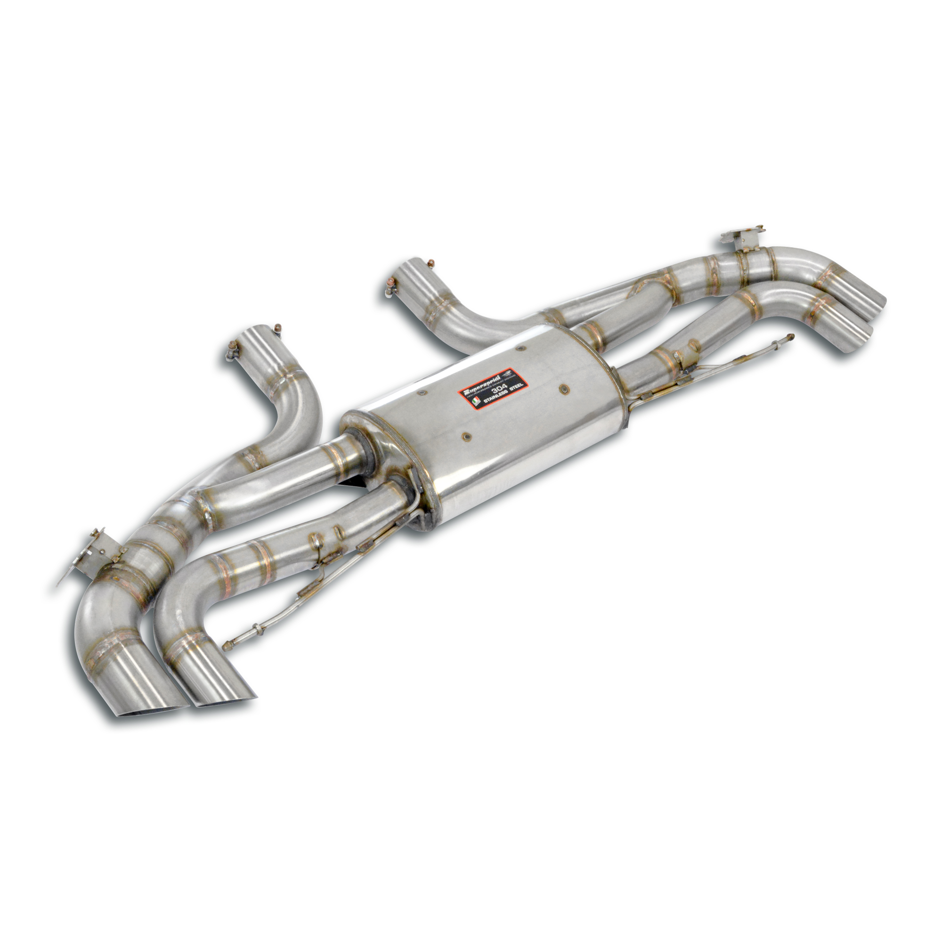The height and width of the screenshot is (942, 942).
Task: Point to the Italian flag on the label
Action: click(x=474, y=401)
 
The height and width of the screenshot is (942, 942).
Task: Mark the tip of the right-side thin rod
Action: click(x=791, y=335)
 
